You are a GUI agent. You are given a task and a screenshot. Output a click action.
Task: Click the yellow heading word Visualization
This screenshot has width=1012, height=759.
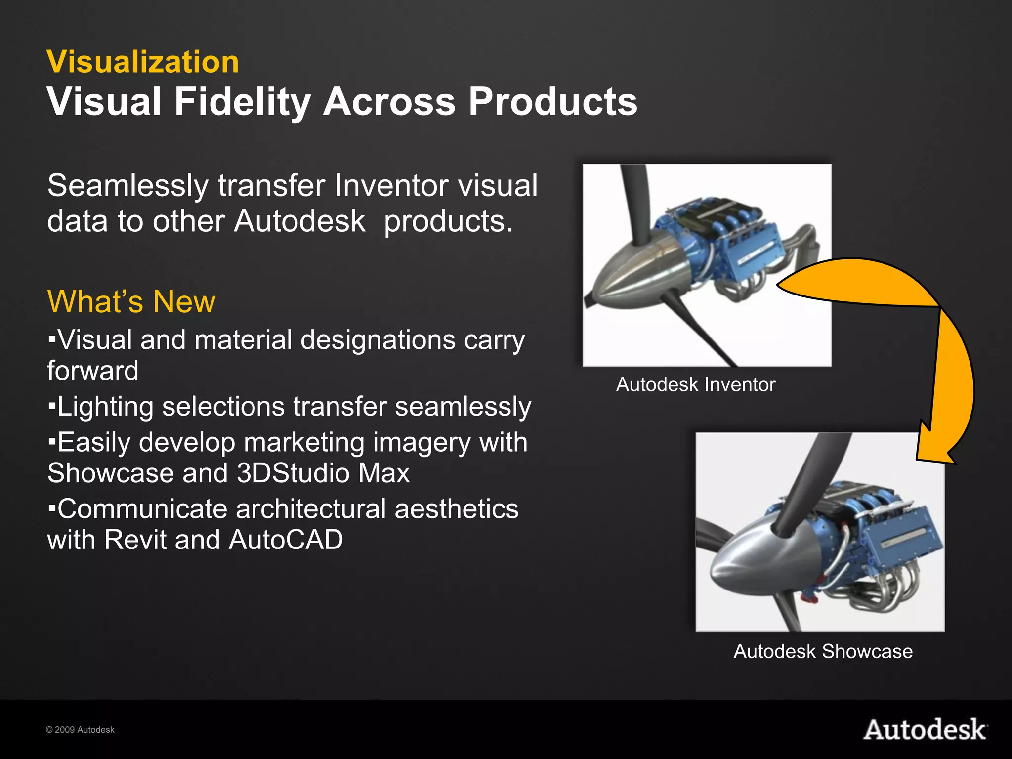pos(143,62)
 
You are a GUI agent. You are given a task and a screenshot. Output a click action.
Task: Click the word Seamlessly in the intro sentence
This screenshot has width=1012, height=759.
pos(128,186)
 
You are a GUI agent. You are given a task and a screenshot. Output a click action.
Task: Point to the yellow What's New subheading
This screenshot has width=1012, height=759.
pos(131,301)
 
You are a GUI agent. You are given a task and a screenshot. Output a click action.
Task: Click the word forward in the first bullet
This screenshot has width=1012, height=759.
pos(93,371)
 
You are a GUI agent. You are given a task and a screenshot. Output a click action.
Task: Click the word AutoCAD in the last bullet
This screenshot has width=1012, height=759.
pos(286,539)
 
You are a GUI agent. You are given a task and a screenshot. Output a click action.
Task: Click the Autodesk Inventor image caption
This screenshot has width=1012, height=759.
pos(695,384)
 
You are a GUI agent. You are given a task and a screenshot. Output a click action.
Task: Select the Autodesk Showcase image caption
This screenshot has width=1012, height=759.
pos(823,651)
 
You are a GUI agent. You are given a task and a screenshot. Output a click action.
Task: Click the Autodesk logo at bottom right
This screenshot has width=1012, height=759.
pos(925,730)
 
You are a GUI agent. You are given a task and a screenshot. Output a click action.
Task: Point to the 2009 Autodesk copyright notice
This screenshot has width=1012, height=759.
pos(80,730)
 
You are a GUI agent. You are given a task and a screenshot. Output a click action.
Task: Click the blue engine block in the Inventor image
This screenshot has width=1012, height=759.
pos(746,247)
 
